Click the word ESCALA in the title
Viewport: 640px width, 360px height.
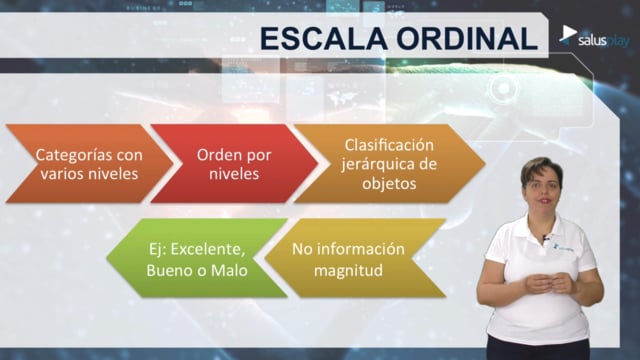coord(324,39)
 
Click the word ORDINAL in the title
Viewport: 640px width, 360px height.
coord(467,39)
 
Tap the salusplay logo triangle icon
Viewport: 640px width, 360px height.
coord(568,34)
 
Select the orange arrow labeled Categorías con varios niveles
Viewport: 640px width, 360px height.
coord(89,164)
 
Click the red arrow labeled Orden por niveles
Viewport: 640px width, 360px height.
coord(234,164)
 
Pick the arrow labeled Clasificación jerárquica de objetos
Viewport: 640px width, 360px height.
coord(389,164)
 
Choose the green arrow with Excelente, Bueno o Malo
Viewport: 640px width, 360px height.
coord(197,258)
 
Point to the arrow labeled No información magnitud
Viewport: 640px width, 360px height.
coord(355,258)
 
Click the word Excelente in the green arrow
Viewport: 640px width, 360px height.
coord(208,249)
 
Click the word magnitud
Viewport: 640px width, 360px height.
coord(348,271)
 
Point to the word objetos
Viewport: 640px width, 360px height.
coord(389,183)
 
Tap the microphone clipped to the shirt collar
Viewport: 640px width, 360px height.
coord(545,237)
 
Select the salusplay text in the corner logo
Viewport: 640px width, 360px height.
coord(604,41)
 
